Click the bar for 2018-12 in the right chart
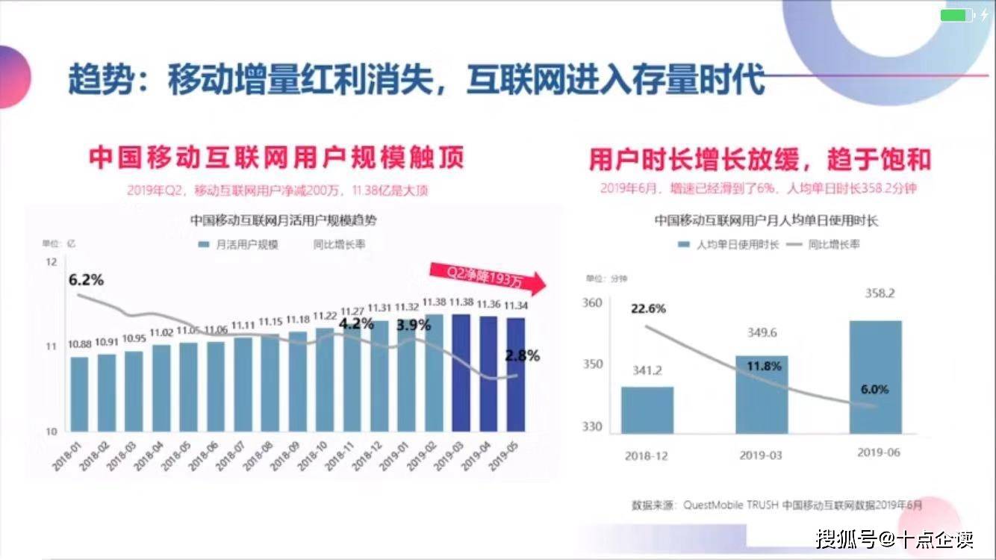(647, 410)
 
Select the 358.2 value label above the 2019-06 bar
(879, 293)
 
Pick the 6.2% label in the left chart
(86, 281)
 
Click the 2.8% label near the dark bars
(522, 355)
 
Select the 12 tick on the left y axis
(52, 262)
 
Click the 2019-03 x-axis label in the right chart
(761, 455)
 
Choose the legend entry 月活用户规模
(239, 244)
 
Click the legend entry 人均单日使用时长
(728, 244)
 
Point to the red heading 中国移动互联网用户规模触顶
(276, 158)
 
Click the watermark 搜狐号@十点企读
(894, 538)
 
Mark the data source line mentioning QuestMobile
(776, 505)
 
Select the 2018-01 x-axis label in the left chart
(69, 455)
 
